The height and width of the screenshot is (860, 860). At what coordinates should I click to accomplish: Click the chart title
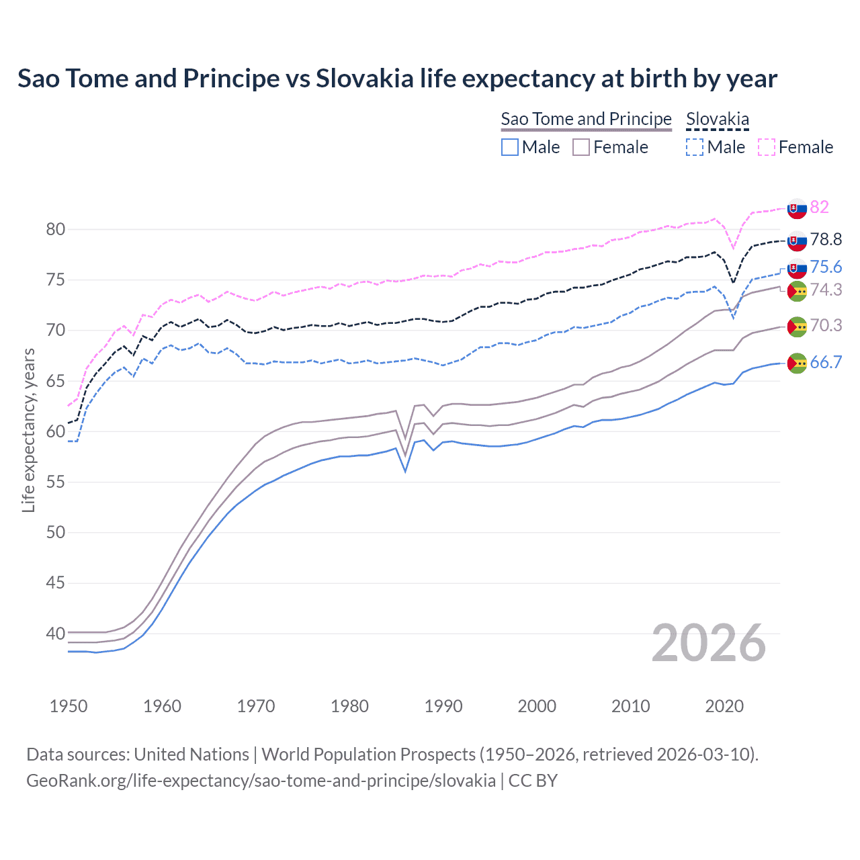397,79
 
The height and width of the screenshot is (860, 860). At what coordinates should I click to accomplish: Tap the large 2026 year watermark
709,643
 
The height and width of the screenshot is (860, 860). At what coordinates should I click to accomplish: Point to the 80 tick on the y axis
55,230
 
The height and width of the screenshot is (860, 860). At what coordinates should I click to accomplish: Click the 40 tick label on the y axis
55,634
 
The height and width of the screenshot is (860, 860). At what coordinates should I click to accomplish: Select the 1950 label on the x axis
69,706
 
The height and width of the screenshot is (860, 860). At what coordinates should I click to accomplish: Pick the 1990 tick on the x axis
443,706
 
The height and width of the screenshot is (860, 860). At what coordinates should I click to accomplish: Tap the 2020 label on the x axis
724,706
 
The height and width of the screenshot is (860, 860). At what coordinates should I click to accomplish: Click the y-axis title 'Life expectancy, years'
28,430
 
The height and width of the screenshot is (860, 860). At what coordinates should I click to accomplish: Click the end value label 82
819,207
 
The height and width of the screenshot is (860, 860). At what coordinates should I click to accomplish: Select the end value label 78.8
826,240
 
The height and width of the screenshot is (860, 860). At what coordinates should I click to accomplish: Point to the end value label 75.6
826,267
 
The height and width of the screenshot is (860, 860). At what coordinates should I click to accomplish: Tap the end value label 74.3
826,290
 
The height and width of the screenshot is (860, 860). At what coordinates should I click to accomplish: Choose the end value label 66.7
826,363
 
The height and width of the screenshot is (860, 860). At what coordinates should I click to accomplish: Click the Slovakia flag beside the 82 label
797,209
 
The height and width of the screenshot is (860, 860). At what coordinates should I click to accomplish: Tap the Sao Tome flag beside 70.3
797,327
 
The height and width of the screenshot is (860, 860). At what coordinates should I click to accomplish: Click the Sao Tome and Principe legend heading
586,119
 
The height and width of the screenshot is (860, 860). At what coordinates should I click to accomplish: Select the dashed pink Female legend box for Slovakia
766,147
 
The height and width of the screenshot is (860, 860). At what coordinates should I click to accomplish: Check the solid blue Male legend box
510,147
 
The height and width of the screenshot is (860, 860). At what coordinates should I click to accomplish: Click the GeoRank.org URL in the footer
261,781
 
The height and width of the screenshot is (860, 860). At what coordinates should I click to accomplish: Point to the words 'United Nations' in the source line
191,755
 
